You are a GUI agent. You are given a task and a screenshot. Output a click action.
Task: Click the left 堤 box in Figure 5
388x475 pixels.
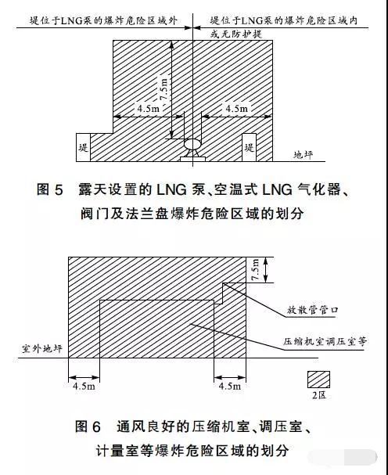83,147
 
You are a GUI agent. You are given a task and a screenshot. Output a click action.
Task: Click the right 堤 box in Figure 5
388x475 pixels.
249,147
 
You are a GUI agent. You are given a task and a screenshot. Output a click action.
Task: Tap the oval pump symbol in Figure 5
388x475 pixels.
192,144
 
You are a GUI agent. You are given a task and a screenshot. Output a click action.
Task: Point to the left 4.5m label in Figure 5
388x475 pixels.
148,108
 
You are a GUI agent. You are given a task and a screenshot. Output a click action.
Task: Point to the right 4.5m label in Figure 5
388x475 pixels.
236,108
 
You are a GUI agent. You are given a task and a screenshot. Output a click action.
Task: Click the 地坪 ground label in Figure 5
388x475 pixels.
303,155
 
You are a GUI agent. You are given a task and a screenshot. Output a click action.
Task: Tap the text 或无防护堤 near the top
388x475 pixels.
236,34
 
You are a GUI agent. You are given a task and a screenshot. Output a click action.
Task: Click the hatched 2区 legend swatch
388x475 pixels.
318,380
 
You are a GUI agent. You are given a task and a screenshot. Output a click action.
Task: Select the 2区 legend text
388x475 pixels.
319,395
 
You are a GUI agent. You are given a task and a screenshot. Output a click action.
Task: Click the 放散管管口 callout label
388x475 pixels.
312,310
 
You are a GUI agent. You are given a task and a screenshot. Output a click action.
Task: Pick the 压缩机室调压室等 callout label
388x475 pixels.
325,341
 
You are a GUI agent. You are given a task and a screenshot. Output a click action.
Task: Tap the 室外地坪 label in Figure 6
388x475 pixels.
41,348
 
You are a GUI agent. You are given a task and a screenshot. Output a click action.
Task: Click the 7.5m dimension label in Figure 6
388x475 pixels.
255,270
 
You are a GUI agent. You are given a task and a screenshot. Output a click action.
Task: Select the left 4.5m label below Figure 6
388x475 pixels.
84,387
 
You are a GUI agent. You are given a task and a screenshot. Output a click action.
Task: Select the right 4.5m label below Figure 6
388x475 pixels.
230,386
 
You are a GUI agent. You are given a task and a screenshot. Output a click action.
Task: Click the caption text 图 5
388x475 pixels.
50,189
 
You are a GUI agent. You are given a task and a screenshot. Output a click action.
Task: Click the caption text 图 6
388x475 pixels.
88,426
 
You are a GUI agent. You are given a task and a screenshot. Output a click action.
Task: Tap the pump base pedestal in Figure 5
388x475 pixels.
192,159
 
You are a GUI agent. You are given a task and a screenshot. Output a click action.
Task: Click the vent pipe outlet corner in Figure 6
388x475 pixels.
223,283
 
